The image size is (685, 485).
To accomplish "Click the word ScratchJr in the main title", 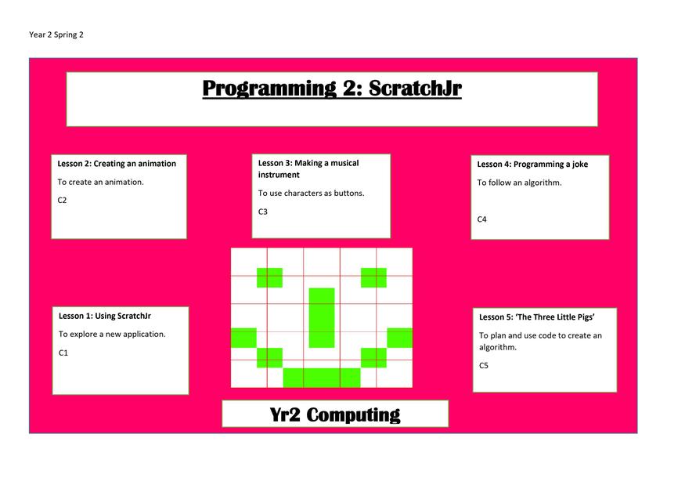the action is coord(415,89).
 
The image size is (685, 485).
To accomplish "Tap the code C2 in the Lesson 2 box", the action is coord(62,201).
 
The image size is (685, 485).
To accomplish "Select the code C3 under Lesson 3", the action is coord(262,212).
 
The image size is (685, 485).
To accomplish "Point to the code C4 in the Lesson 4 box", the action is coord(481,219).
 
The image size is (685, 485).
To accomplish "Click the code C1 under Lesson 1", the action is coord(63,353).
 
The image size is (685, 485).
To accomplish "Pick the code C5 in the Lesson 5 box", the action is coord(484,366).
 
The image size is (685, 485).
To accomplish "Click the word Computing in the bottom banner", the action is coord(353,415).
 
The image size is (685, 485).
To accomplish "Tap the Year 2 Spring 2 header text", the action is coord(56,34).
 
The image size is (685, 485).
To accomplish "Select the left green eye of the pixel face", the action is coord(269,277).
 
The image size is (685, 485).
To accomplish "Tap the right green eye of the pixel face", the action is coord(373,277).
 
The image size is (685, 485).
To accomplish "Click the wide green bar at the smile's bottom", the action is coord(322,378).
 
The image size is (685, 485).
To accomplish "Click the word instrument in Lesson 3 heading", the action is coord(279,175).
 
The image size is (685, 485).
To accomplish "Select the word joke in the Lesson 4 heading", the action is coord(580,165).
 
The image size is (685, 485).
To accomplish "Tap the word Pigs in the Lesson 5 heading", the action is coord(586,317).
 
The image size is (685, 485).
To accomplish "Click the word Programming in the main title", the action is coord(269,89).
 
